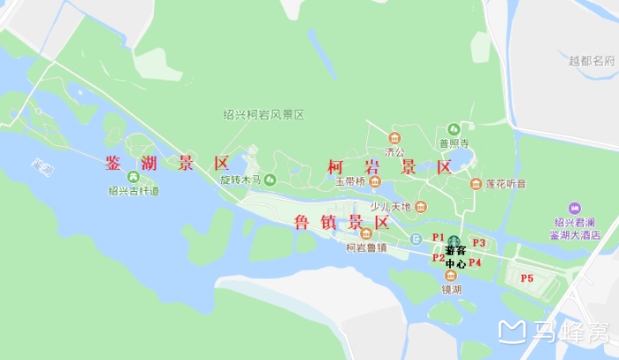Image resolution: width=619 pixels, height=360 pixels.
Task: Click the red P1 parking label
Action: pyautogui.click(x=438, y=237)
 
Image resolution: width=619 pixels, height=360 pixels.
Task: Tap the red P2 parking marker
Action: pyautogui.click(x=438, y=258)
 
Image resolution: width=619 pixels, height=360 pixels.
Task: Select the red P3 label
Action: pyautogui.click(x=480, y=242)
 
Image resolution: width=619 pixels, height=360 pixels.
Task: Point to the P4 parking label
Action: pyautogui.click(x=475, y=263)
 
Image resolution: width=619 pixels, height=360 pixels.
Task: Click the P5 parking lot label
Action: pyautogui.click(x=527, y=279)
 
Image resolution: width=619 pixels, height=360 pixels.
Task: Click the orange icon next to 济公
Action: pyautogui.click(x=394, y=137)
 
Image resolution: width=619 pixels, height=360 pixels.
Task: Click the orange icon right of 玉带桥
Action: pyautogui.click(x=375, y=183)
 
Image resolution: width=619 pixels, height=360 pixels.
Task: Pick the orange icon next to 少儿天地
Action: pyautogui.click(x=421, y=207)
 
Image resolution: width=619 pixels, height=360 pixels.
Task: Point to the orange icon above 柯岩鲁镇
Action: pyautogui.click(x=366, y=234)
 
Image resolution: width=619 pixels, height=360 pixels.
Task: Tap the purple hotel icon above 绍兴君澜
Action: pyautogui.click(x=575, y=208)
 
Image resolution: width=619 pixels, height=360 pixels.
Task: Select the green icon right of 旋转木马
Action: pyautogui.click(x=270, y=180)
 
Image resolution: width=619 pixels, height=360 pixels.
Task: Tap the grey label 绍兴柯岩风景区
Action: pyautogui.click(x=264, y=115)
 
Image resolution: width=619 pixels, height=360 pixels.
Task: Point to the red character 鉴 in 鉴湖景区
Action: pyautogui.click(x=114, y=164)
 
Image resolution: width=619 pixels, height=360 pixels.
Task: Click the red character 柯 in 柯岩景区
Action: pyautogui.click(x=336, y=167)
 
